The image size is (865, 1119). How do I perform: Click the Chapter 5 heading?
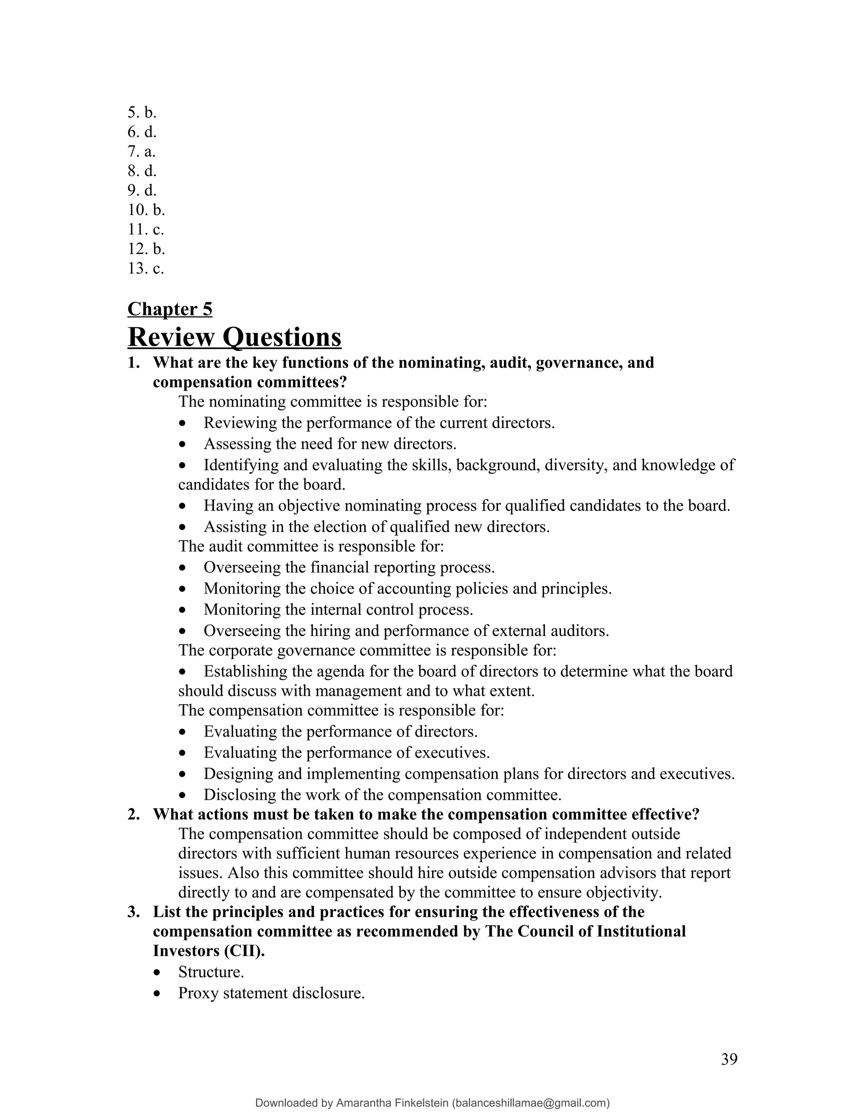pyautogui.click(x=170, y=309)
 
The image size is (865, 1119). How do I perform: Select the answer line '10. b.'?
pyautogui.click(x=146, y=209)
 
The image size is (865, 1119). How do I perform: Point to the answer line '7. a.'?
pyautogui.click(x=141, y=151)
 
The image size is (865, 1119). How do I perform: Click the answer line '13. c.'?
pyautogui.click(x=146, y=268)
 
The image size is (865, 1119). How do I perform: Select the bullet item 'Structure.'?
pyautogui.click(x=211, y=972)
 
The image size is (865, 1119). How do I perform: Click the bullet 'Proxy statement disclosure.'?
pyautogui.click(x=271, y=993)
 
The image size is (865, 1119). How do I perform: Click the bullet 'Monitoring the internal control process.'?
pyautogui.click(x=338, y=609)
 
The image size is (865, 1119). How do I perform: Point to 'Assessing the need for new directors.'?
pyautogui.click(x=330, y=443)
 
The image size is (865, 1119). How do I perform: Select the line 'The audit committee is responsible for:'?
pyautogui.click(x=311, y=546)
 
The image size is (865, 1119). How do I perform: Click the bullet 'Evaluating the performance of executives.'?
pyautogui.click(x=346, y=752)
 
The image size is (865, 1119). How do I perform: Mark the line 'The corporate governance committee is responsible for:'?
pyautogui.click(x=367, y=650)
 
